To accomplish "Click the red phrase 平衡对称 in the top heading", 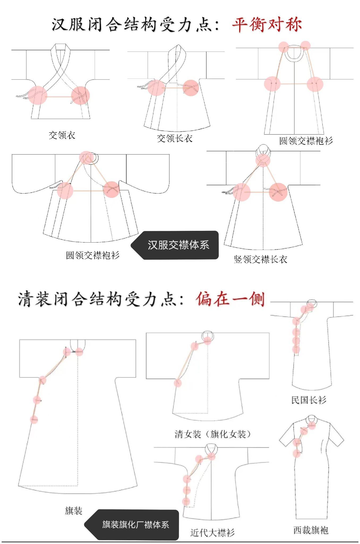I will click(267, 24).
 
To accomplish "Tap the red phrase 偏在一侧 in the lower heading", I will click(230, 299).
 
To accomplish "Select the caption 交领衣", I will click(62, 135).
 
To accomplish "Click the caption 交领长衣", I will click(174, 138).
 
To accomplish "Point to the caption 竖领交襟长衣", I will click(260, 259).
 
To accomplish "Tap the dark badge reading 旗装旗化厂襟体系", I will click(135, 525).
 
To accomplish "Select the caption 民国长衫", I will click(308, 400).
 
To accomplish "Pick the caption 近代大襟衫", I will click(212, 532).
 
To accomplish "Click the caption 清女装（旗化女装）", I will click(213, 434).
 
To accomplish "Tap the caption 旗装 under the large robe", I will click(74, 511).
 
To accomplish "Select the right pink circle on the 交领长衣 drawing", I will click(191, 88).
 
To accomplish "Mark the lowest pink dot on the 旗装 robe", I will click(34, 420).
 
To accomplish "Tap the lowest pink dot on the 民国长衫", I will click(296, 349).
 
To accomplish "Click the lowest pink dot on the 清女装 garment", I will click(177, 383).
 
